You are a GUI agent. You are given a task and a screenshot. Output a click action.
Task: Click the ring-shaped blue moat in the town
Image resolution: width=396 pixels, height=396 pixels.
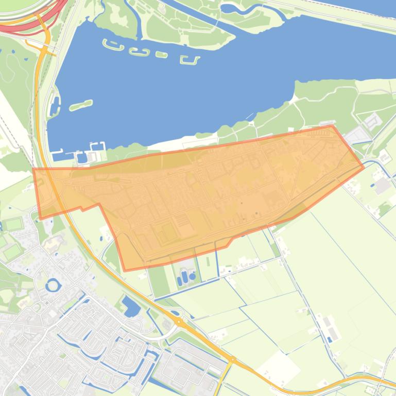53,284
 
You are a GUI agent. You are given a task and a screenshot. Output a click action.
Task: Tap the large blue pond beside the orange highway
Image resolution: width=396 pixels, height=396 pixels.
131,307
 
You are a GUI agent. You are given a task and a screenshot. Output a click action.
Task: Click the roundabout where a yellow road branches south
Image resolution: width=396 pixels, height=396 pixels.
233,359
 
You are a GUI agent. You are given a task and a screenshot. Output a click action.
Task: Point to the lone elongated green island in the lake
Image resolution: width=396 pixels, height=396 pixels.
81,105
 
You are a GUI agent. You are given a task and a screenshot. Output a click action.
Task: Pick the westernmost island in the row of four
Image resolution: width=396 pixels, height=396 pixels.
114,45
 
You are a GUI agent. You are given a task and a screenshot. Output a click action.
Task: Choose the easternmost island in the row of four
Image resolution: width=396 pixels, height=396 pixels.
190,60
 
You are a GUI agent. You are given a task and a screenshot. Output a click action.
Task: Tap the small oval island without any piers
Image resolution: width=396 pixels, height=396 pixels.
162,55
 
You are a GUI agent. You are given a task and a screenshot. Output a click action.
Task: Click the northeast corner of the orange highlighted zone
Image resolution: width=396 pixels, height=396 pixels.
332,125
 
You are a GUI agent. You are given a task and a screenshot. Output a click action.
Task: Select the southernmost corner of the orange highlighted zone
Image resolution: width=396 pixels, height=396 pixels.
125,270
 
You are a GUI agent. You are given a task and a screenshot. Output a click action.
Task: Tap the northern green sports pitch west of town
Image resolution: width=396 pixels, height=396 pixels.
13,224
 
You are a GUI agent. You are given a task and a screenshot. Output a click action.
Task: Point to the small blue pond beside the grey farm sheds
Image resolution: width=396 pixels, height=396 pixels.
330,339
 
